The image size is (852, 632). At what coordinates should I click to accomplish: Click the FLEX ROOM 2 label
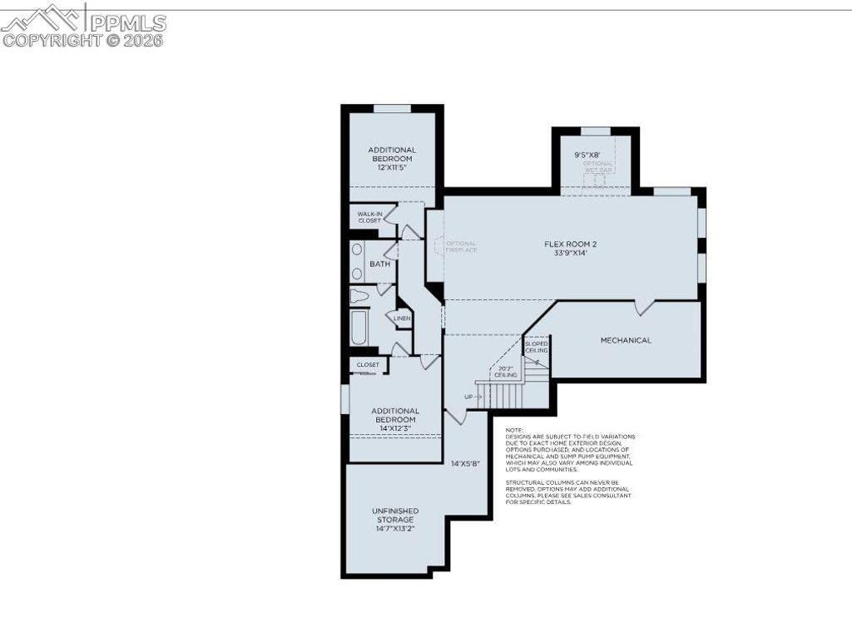(x=571, y=244)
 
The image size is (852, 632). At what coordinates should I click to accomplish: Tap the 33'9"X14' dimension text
(x=571, y=254)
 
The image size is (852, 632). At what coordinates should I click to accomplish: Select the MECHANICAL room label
(x=626, y=340)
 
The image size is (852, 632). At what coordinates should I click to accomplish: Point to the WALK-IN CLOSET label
(x=369, y=217)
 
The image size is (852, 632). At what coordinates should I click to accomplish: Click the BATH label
(x=379, y=264)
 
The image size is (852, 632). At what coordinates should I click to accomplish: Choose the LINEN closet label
(x=402, y=318)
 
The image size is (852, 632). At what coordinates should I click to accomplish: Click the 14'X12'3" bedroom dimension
(x=394, y=428)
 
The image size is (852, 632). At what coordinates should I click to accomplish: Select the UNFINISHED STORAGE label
(x=395, y=515)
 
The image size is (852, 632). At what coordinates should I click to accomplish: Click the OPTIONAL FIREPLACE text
(x=461, y=247)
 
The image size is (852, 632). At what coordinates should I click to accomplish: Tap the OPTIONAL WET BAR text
(x=597, y=166)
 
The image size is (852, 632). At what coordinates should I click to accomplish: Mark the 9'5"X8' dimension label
(x=587, y=155)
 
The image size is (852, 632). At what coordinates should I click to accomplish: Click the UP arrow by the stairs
(x=473, y=397)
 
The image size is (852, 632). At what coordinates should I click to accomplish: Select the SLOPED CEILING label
(x=536, y=347)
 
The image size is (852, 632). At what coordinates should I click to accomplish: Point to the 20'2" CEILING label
(x=506, y=372)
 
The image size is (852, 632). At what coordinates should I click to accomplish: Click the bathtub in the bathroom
(x=359, y=328)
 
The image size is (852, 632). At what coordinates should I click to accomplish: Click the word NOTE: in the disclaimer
(x=515, y=430)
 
